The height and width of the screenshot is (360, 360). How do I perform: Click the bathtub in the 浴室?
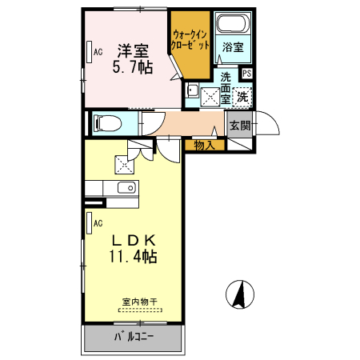[x=234, y=23]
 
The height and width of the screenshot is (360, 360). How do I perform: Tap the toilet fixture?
[x=107, y=123]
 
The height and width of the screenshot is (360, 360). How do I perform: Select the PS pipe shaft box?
[x=247, y=74]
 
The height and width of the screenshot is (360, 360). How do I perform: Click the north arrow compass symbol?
[x=240, y=294]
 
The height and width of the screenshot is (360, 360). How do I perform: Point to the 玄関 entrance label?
[x=240, y=125]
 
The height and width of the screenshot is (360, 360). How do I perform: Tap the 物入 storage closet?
[x=205, y=146]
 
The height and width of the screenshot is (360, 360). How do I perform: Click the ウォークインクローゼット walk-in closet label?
[x=190, y=40]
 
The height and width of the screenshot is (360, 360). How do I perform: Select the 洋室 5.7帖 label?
[x=133, y=59]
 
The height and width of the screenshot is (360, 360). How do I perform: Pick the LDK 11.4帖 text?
[x=133, y=248]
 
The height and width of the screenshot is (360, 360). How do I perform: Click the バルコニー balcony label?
[x=134, y=337]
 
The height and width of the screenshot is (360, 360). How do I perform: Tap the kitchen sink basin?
[x=127, y=188]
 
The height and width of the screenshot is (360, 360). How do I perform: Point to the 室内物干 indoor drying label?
[x=140, y=302]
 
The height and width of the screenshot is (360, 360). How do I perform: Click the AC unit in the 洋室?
[x=90, y=52]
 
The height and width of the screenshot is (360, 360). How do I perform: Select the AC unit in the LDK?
[x=90, y=223]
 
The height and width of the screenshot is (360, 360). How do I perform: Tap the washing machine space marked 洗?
[x=242, y=97]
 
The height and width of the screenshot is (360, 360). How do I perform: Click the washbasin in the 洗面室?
[x=193, y=90]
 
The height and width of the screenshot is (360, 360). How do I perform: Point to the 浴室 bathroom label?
[x=233, y=47]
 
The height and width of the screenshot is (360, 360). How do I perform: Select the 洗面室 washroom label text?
[x=226, y=88]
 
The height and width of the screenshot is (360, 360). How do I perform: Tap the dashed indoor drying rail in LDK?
[x=140, y=310]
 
